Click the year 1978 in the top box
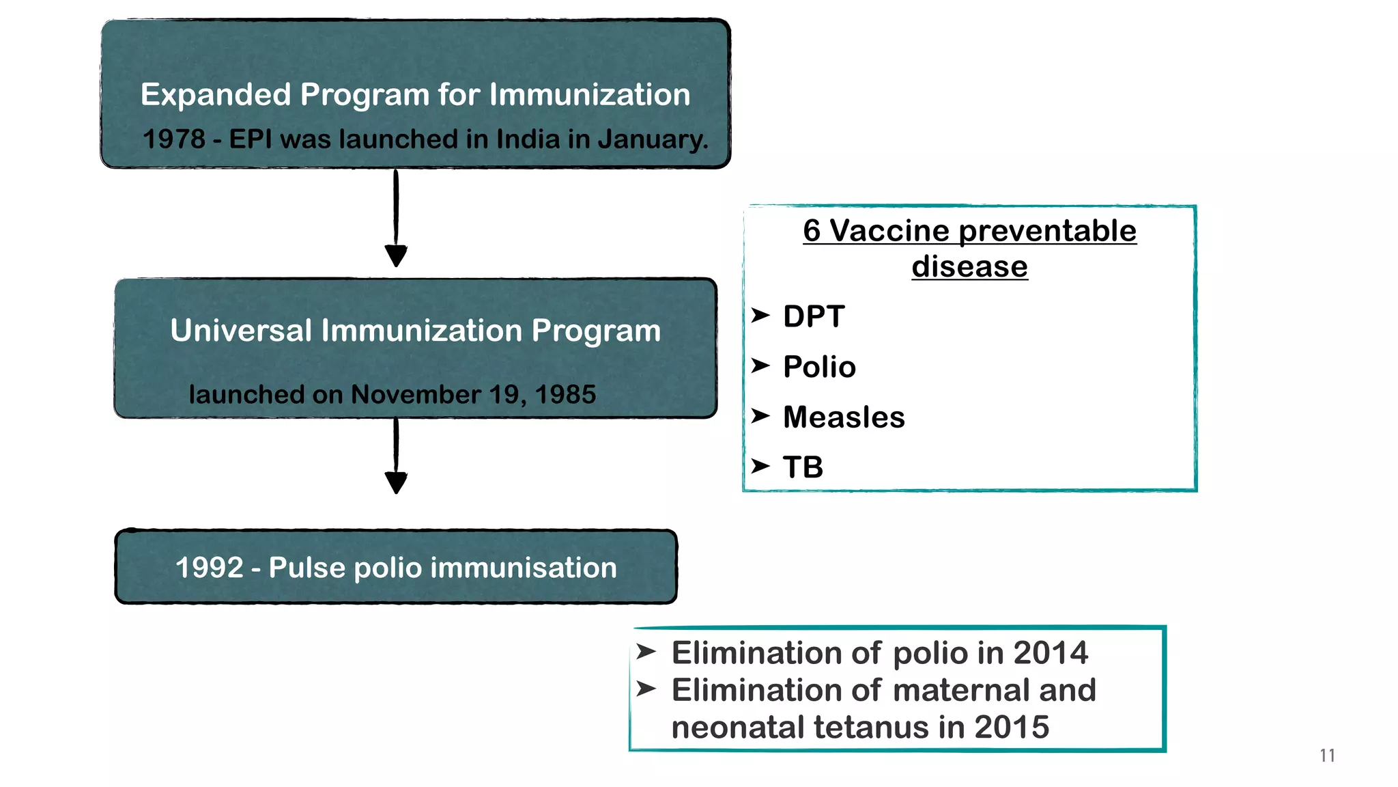(173, 139)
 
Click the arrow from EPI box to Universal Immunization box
(396, 219)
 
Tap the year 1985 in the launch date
(565, 395)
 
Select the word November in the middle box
(416, 395)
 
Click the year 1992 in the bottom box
(209, 568)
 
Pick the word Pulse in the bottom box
(306, 568)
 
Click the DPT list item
(814, 317)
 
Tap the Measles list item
(844, 417)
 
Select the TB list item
(803, 468)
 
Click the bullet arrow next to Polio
(760, 366)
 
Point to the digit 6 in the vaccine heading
(811, 231)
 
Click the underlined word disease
(969, 266)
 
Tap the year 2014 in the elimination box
(1050, 653)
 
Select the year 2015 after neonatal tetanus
(1011, 728)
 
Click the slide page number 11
(1327, 756)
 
